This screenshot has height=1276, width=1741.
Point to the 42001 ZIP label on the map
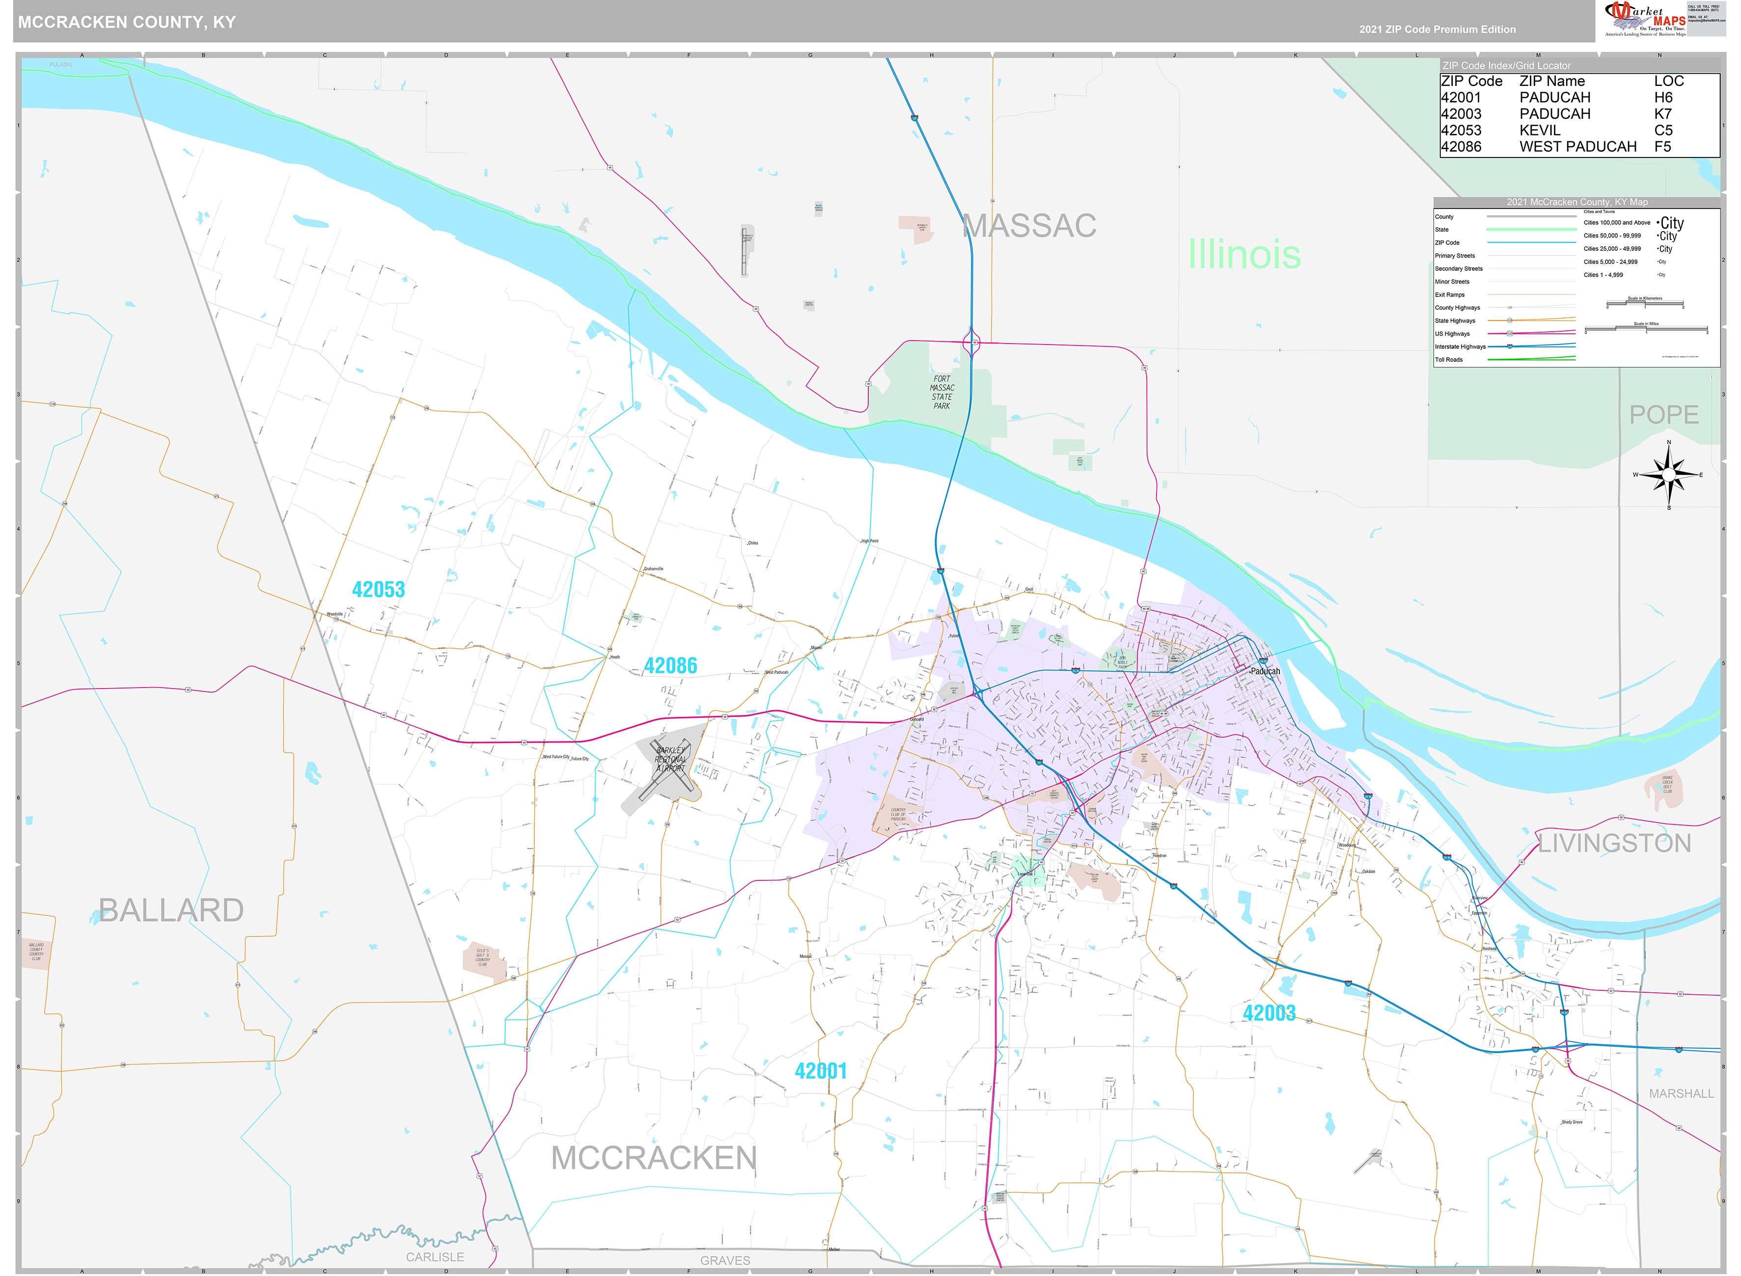point(821,1071)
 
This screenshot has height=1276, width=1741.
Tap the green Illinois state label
point(1244,255)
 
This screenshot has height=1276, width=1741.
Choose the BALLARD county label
point(171,911)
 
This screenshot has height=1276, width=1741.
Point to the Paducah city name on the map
point(1265,671)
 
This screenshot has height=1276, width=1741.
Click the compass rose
point(1668,474)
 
